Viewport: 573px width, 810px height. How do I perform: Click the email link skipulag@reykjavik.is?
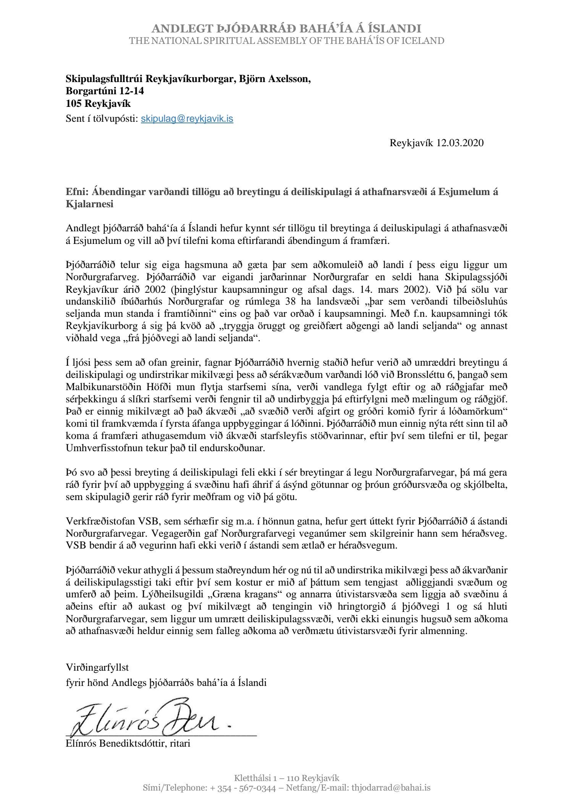click(187, 119)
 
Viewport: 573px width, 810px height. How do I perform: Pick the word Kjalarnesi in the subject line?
click(89, 204)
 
